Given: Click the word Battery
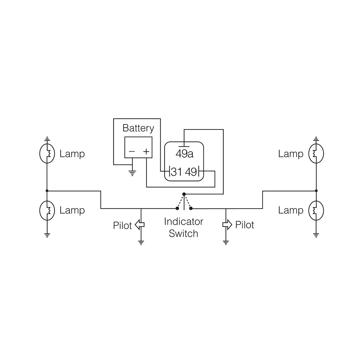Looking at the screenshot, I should click(138, 128).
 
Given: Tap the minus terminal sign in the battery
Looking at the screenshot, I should click(132, 152).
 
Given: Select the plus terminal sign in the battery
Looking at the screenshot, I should click(146, 152).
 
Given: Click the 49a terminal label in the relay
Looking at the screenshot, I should click(184, 154).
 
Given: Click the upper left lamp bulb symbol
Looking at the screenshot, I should click(47, 153).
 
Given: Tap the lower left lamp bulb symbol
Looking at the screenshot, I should click(47, 210).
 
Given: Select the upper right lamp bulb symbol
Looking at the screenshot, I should click(316, 153).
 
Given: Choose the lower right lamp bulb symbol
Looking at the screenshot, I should click(316, 210).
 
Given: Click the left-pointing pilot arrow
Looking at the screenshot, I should click(139, 225).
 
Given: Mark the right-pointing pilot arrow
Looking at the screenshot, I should click(227, 225).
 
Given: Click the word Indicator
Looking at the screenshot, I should click(184, 222).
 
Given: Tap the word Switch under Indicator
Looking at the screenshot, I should click(184, 233).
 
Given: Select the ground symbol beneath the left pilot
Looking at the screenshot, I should click(141, 243).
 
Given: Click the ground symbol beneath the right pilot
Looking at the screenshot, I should click(226, 243).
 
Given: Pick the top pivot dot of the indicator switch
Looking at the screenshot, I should click(184, 194).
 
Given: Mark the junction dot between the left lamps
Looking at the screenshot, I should click(47, 191).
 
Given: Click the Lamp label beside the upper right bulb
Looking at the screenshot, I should click(291, 154).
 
